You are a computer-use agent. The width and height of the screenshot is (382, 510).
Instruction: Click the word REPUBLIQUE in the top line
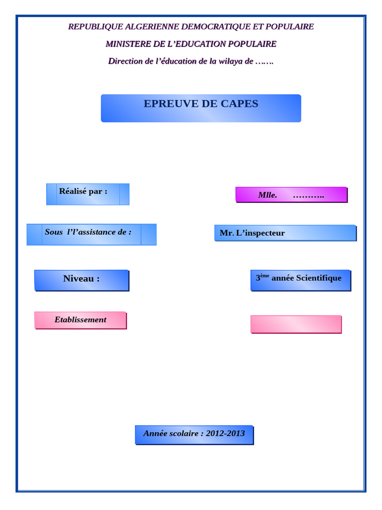pos(92,27)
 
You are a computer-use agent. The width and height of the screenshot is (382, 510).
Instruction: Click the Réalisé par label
pos(83,191)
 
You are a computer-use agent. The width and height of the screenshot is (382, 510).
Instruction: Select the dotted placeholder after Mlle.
pos(308,196)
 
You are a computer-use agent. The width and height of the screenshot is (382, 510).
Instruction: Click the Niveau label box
pos(81,279)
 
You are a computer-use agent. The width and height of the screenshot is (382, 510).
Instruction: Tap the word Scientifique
pos(319,278)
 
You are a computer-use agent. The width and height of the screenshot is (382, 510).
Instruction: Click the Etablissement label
pos(81,320)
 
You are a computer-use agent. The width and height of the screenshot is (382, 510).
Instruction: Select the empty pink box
pos(296,324)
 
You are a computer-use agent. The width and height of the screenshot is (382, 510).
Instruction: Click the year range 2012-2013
pos(225,433)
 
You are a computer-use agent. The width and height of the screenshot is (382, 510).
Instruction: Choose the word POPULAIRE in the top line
pos(290,27)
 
